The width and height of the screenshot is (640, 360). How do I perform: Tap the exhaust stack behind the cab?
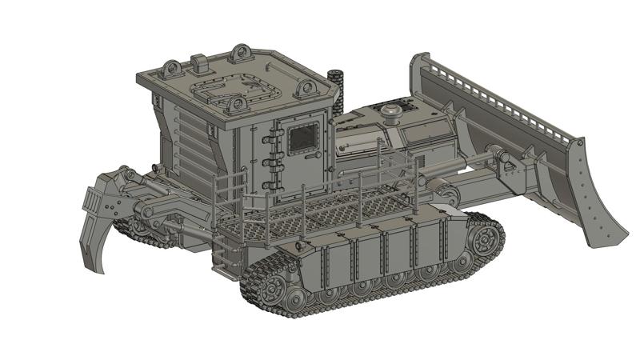point(337,88)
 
